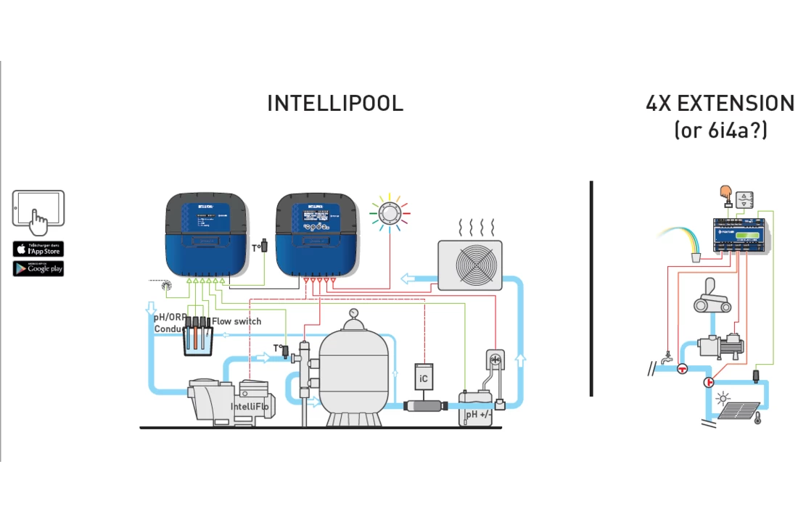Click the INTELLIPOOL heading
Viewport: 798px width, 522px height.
tap(335, 104)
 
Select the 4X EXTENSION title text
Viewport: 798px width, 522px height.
tap(720, 104)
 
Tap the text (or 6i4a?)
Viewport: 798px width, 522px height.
tap(720, 130)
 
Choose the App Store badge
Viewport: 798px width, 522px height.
tap(38, 249)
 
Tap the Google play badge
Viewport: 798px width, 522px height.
tap(38, 268)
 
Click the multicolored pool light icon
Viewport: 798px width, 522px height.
tap(390, 213)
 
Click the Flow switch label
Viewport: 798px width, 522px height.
tap(236, 321)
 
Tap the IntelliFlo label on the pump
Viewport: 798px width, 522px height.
tap(250, 407)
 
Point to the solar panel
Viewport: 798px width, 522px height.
tap(738, 411)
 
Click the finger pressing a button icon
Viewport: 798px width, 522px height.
tap(723, 193)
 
